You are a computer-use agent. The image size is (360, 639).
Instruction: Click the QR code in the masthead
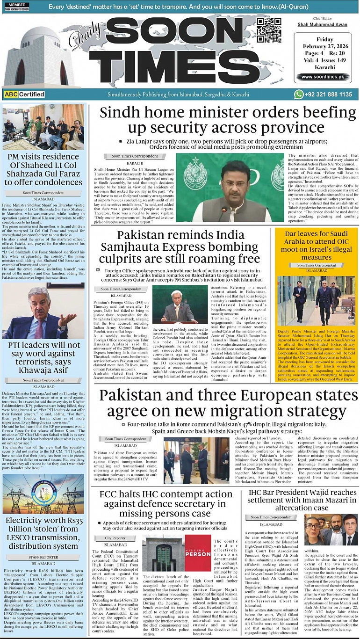point(269,30)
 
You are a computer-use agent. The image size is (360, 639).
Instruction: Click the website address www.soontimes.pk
point(325,77)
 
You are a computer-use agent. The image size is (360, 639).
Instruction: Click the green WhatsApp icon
point(299,94)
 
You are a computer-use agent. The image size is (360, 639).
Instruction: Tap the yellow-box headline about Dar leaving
point(317,246)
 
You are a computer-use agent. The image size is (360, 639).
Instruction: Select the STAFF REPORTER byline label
point(43,557)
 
